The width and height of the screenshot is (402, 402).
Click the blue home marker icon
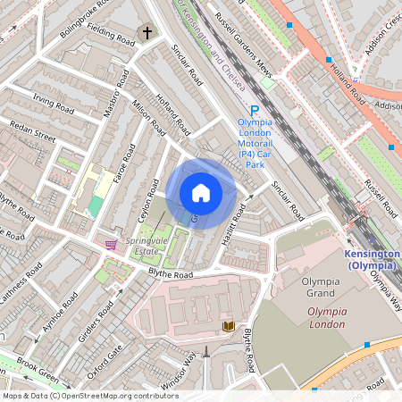coord(201,193)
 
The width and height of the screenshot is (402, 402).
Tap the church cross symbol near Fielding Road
coord(147,34)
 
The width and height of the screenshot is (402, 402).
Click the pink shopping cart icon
coord(111,244)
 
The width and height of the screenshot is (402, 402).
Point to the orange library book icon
coord(228,326)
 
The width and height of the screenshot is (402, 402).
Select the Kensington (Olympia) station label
coord(372,259)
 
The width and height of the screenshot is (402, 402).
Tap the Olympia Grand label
coord(320,288)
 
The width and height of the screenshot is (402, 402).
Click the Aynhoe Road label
coord(51,324)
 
